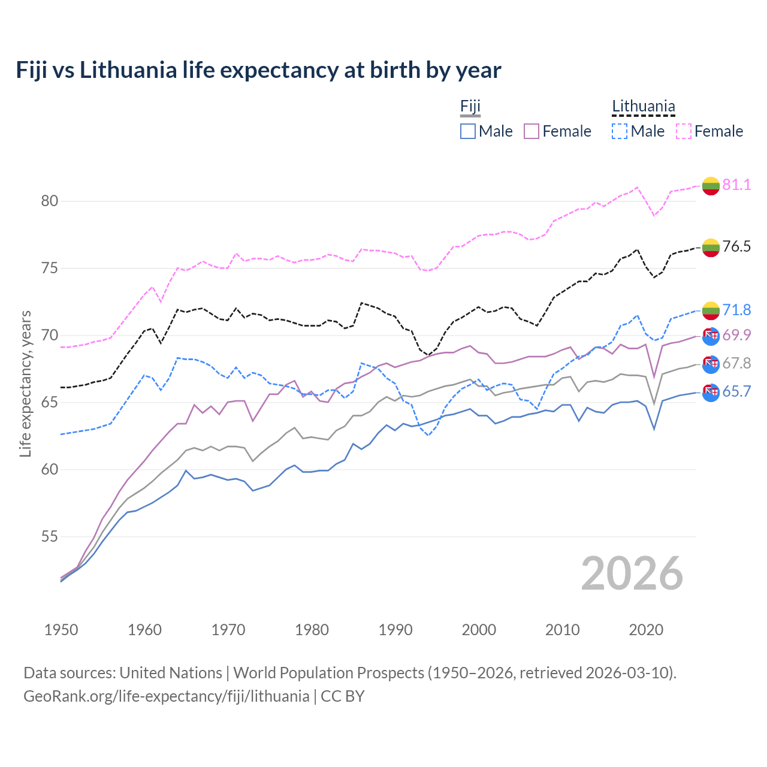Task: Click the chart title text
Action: [x=258, y=70]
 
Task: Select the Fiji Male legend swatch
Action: [x=468, y=131]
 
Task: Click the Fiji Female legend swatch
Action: [x=532, y=131]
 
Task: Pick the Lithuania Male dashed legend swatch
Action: [x=620, y=131]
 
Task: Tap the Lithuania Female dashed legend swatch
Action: [x=684, y=131]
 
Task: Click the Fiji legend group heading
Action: [x=470, y=107]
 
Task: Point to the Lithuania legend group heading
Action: [x=644, y=107]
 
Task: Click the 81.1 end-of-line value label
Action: [x=736, y=185]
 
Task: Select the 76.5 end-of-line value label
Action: [x=736, y=246]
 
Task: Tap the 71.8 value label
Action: [x=736, y=310]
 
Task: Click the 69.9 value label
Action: [x=736, y=335]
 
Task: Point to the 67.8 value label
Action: [x=736, y=363]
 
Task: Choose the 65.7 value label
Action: [x=736, y=391]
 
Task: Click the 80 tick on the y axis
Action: [x=50, y=201]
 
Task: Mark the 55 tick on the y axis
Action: [x=50, y=536]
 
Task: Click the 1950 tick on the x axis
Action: [x=61, y=630]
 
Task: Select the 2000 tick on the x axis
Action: [x=479, y=630]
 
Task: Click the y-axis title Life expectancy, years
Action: [x=26, y=383]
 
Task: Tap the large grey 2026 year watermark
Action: [x=632, y=573]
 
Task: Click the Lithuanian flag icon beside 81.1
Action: [x=711, y=186]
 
